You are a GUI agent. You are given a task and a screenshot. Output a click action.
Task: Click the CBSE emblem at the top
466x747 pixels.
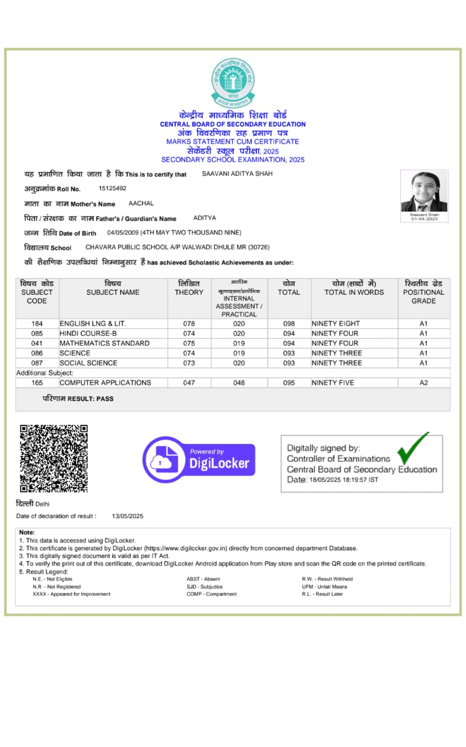pyautogui.click(x=233, y=82)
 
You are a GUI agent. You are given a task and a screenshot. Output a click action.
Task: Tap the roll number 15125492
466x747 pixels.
pyautogui.click(x=112, y=189)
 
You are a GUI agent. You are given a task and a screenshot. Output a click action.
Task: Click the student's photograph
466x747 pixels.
pyautogui.click(x=424, y=191)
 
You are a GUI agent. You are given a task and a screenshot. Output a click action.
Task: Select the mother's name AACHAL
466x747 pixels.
pyautogui.click(x=141, y=204)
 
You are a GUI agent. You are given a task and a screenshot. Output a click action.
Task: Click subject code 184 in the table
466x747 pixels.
pyautogui.click(x=37, y=323)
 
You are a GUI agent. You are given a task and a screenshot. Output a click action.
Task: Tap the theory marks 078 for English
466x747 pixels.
pyautogui.click(x=189, y=323)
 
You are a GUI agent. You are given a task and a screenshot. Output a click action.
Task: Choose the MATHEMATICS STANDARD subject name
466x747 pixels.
pyautogui.click(x=105, y=343)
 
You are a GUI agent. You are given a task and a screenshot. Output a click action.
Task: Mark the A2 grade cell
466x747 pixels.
pyautogui.click(x=423, y=383)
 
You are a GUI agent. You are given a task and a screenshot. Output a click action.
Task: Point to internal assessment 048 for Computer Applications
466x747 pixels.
pyautogui.click(x=239, y=383)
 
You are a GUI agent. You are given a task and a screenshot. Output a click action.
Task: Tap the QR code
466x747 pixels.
pyautogui.click(x=54, y=459)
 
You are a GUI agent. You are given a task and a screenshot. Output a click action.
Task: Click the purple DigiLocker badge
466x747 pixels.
pyautogui.click(x=199, y=459)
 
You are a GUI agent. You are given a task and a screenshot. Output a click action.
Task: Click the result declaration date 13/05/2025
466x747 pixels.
pyautogui.click(x=128, y=516)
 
